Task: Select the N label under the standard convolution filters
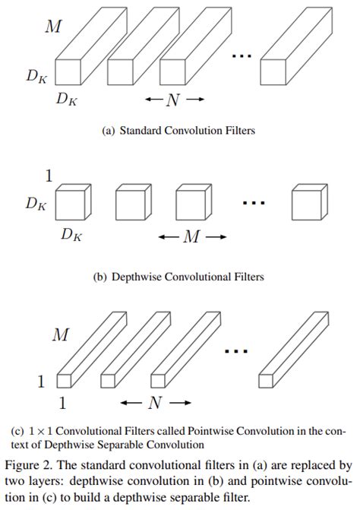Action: (174, 99)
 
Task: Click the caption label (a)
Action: (108, 131)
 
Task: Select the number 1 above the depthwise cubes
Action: (49, 176)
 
